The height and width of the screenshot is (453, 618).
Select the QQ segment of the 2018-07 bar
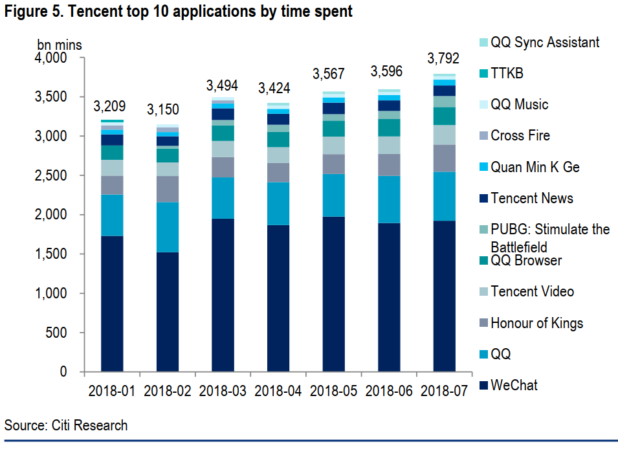click(444, 196)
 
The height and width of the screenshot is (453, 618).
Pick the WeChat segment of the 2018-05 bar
click(334, 294)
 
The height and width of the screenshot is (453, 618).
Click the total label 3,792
click(444, 59)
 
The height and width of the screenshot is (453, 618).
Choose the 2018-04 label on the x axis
click(278, 392)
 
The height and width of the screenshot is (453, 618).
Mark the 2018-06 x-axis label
click(388, 392)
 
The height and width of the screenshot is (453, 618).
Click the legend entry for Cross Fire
click(520, 136)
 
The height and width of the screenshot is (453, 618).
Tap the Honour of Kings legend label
click(536, 323)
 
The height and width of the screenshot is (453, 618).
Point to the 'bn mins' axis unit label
click(60, 45)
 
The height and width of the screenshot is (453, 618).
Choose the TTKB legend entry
click(507, 74)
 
